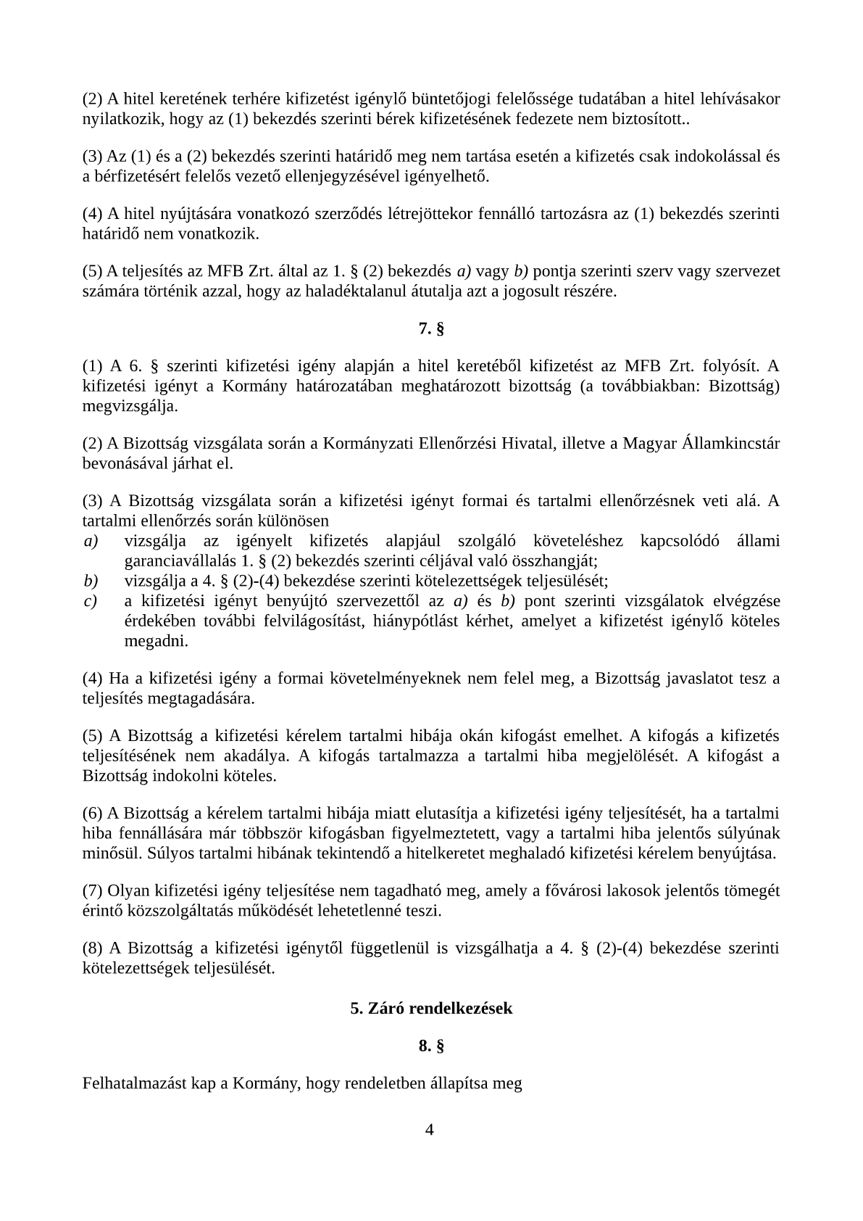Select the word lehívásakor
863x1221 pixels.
741,99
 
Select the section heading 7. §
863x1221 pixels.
431,329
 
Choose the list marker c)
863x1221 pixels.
91,601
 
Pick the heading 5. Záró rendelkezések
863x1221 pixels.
431,1009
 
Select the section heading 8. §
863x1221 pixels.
431,1046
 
